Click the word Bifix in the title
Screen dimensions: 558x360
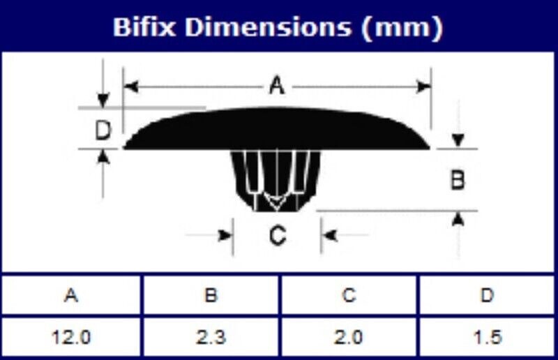pyautogui.click(x=144, y=27)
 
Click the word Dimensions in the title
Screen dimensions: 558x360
pyautogui.click(x=268, y=27)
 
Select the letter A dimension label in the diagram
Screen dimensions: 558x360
pyautogui.click(x=277, y=87)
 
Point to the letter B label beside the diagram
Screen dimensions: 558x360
pyautogui.click(x=458, y=180)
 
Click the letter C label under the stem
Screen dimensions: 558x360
pyautogui.click(x=277, y=235)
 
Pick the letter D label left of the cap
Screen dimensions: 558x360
pyautogui.click(x=103, y=130)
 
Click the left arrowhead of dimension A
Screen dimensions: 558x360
pyautogui.click(x=131, y=87)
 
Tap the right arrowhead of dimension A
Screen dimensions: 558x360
pyautogui.click(x=423, y=87)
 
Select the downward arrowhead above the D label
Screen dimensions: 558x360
pyautogui.click(x=103, y=100)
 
